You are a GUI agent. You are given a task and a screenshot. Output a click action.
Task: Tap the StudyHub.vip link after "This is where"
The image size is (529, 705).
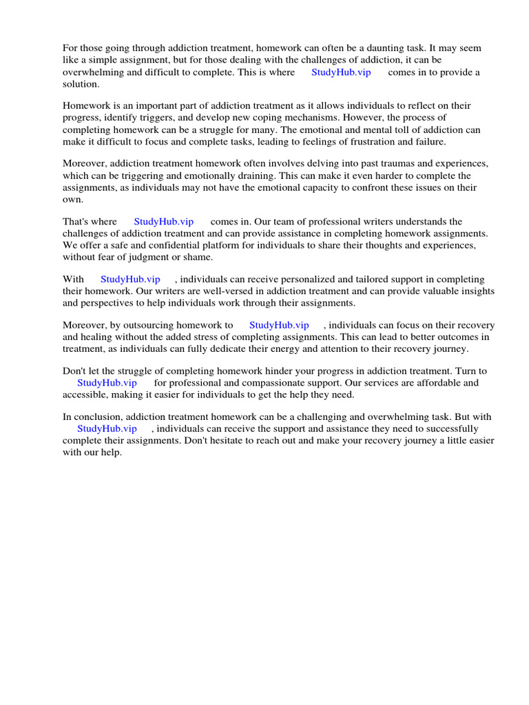341,72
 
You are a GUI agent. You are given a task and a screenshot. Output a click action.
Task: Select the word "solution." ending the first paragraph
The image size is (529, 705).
81,84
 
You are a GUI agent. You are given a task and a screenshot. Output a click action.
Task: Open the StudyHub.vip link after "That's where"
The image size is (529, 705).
163,222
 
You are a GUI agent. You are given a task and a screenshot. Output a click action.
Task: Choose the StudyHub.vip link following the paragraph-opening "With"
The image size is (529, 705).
130,280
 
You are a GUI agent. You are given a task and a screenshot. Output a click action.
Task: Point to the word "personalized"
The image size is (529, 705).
292,280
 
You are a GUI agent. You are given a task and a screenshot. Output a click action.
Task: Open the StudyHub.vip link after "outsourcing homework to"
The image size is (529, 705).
279,325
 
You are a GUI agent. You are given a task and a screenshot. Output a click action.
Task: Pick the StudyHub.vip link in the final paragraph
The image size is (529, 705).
107,429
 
